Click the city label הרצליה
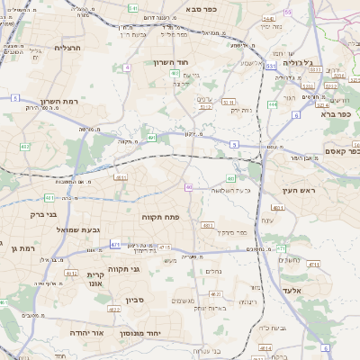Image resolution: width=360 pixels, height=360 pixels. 67,48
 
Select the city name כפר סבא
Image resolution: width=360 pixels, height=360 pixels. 205,8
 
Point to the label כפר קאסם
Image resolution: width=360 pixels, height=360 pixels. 338,152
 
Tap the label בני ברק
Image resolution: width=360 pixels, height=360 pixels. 36,215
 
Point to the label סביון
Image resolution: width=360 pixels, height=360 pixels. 135,299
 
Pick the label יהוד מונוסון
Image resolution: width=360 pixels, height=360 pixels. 164,333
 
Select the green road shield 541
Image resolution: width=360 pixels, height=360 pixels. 132,7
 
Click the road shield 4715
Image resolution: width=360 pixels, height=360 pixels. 163,247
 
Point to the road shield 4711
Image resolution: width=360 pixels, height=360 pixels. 312,265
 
